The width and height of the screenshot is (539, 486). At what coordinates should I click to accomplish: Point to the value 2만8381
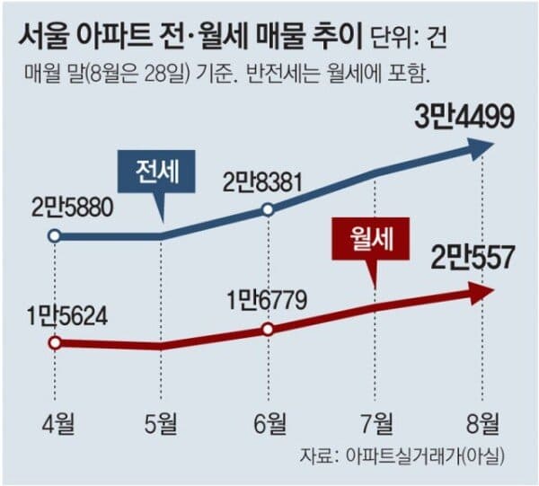point(268,183)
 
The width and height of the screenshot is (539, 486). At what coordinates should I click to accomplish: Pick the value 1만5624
point(65,317)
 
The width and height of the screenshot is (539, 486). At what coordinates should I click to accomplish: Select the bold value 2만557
point(473,260)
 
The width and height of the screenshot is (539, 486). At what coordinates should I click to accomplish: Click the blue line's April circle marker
point(55,236)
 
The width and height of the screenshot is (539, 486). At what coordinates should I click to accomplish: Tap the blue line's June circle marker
point(268,210)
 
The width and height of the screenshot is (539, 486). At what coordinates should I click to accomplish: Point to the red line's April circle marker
point(55,343)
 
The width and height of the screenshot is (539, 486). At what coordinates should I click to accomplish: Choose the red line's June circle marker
point(268,329)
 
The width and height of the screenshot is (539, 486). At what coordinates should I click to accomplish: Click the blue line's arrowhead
point(482,149)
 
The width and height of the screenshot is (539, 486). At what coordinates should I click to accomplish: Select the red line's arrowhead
point(482,291)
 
